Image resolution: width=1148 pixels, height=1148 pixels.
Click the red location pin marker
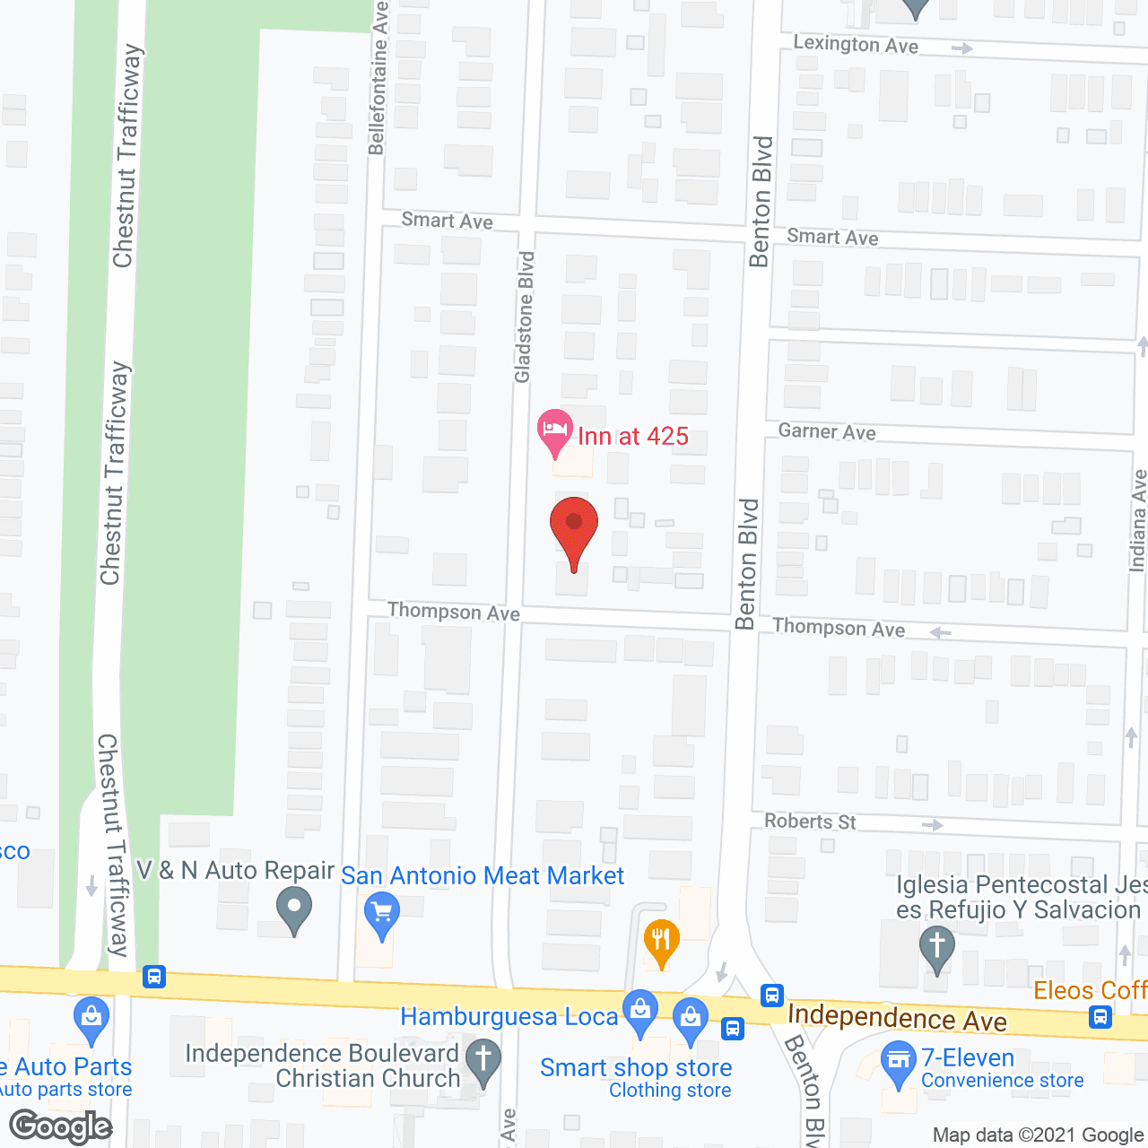pos(574,529)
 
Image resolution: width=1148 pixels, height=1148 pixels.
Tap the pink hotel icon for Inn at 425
pos(555,432)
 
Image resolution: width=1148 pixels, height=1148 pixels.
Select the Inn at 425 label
pos(633,437)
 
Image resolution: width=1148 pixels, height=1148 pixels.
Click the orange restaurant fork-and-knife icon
pos(661,942)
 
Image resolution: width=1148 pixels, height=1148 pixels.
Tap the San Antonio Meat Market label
pos(483,875)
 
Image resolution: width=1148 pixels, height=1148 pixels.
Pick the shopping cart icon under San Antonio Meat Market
pos(382,915)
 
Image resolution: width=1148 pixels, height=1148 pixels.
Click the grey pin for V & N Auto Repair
pos(294,909)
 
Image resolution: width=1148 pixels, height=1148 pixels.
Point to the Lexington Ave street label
pos(856,44)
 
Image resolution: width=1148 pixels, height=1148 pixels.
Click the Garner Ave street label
pos(827,431)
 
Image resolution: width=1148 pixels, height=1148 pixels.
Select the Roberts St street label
pos(810,821)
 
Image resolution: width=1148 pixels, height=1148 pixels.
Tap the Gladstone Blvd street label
pos(525,317)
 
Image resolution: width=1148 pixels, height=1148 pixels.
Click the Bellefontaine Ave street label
pos(378,78)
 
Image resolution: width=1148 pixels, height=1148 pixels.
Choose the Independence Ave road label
pos(897,1018)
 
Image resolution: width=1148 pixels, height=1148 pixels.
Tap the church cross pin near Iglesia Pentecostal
pos(937,947)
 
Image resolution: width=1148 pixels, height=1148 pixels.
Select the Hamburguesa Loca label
pos(509,1016)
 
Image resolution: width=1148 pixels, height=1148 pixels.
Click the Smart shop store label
pos(636,1067)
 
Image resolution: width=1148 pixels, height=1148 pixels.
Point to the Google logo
pos(61,1126)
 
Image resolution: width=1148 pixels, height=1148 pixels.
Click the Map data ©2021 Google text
pos(1039,1135)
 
